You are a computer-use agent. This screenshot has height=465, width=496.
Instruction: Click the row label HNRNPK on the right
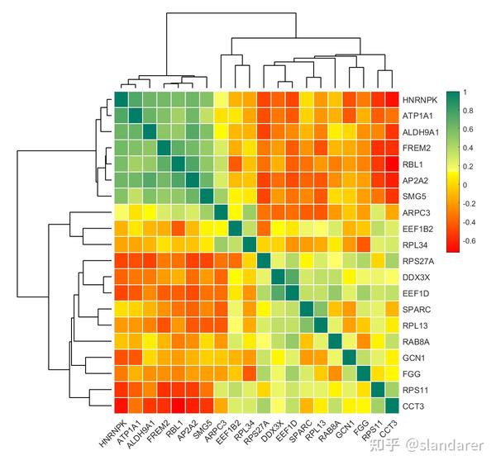(x=418, y=99)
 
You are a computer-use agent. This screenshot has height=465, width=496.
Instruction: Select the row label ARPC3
(x=415, y=212)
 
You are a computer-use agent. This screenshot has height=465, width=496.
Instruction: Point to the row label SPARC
(x=415, y=309)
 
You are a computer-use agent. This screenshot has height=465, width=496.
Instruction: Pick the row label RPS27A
(x=417, y=260)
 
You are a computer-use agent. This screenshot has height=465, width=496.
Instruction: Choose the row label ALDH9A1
(x=420, y=131)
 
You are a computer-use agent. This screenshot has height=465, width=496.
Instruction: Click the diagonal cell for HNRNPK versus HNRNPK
(x=122, y=100)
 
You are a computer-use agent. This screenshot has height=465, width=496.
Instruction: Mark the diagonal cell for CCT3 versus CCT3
(x=393, y=406)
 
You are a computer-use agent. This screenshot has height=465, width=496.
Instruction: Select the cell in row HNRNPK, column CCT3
(x=393, y=100)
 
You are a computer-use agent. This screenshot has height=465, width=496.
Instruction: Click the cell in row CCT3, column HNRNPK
(x=122, y=406)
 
